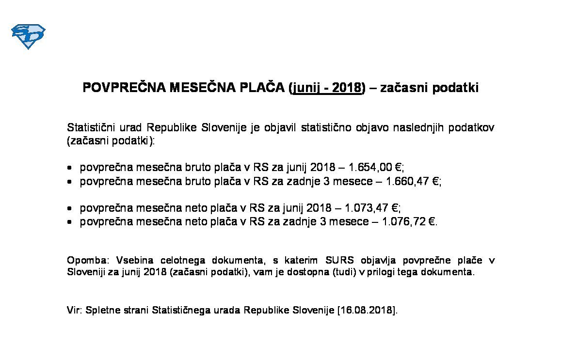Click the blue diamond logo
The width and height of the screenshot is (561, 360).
(28, 36)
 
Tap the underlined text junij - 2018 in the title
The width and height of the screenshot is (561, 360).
(327, 88)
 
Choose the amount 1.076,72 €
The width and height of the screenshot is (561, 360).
(408, 222)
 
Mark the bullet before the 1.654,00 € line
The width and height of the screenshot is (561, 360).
(70, 168)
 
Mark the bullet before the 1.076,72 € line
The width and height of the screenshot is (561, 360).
(70, 222)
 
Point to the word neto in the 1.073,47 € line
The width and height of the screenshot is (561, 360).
(196, 208)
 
